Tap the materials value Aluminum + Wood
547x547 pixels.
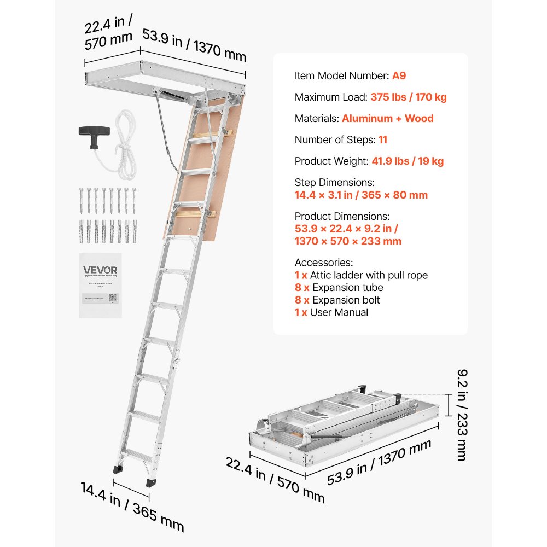point(387,118)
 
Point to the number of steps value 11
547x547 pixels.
point(382,139)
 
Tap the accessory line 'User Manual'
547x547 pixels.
point(339,312)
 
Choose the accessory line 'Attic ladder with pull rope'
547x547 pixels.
point(369,275)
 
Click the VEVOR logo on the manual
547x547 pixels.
point(100,270)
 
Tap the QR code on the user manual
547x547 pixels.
point(113,298)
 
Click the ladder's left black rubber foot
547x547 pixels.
point(117,469)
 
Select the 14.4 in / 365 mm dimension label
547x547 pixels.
point(132,506)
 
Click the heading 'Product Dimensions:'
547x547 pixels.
point(342,216)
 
